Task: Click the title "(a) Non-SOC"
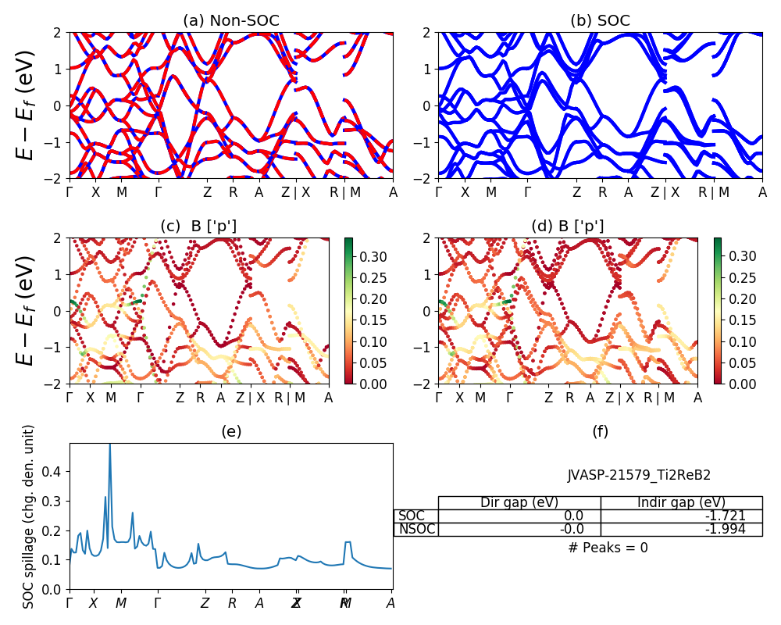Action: tap(231, 21)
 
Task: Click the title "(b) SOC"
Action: tap(601, 21)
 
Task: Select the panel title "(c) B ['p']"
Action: tap(198, 227)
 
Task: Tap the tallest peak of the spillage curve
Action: tap(109, 445)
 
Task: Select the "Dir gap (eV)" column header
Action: tap(519, 502)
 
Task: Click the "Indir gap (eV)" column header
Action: tap(681, 502)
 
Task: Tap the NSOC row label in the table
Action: tap(416, 529)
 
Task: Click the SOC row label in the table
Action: tap(412, 516)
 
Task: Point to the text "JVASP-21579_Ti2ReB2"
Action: tap(639, 475)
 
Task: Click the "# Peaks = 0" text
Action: tap(608, 548)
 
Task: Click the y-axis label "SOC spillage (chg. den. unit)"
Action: tap(30, 516)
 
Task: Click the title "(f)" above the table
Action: tap(601, 431)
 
